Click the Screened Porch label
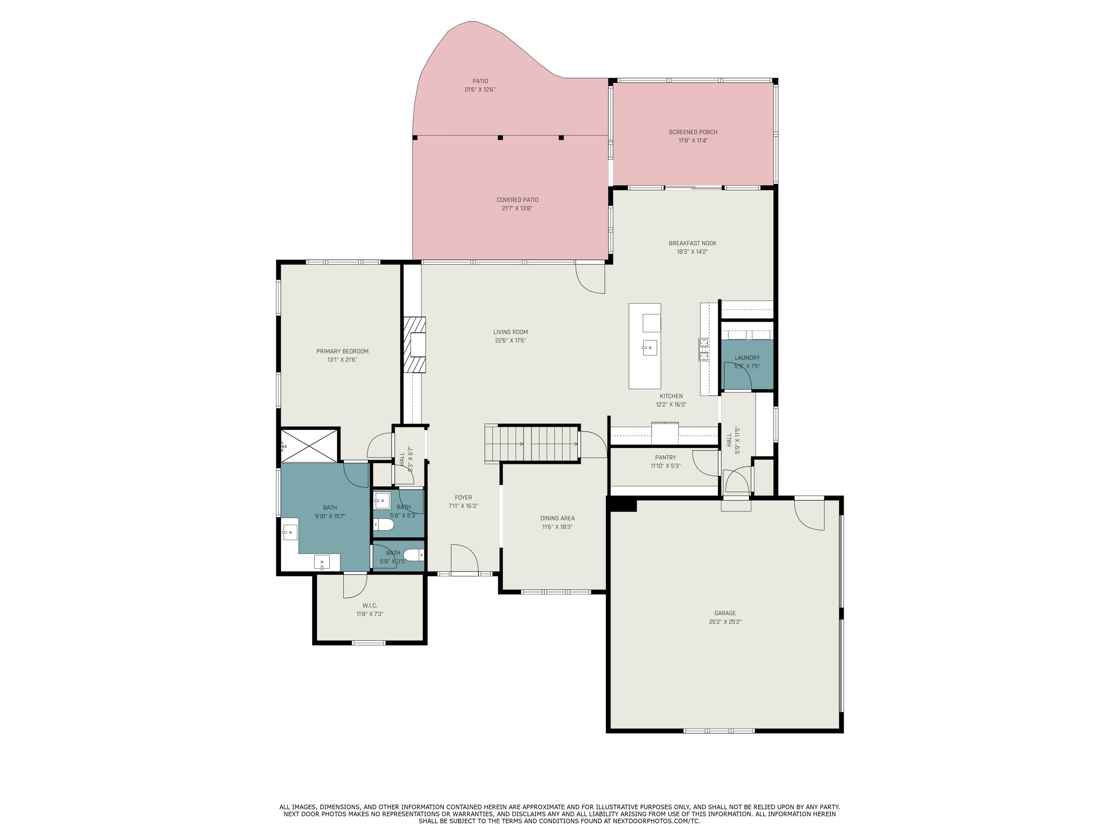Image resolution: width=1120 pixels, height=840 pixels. click(x=693, y=132)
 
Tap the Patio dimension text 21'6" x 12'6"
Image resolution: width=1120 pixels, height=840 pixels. click(x=479, y=90)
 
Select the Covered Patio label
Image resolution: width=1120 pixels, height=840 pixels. click(x=517, y=200)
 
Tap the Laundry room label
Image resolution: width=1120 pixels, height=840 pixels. click(x=747, y=358)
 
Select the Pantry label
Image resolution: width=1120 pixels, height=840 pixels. click(x=665, y=457)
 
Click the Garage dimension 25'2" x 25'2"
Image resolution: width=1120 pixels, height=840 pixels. click(x=725, y=622)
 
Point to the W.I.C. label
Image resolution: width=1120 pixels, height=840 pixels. click(x=370, y=606)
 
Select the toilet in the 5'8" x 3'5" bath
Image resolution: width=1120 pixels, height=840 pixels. click(x=414, y=556)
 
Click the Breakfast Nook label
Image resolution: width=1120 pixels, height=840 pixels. click(x=692, y=243)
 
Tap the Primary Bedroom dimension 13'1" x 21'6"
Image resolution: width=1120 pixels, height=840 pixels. click(x=342, y=360)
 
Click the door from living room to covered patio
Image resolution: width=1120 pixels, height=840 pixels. click(x=590, y=279)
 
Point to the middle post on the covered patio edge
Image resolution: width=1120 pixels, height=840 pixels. click(x=500, y=137)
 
